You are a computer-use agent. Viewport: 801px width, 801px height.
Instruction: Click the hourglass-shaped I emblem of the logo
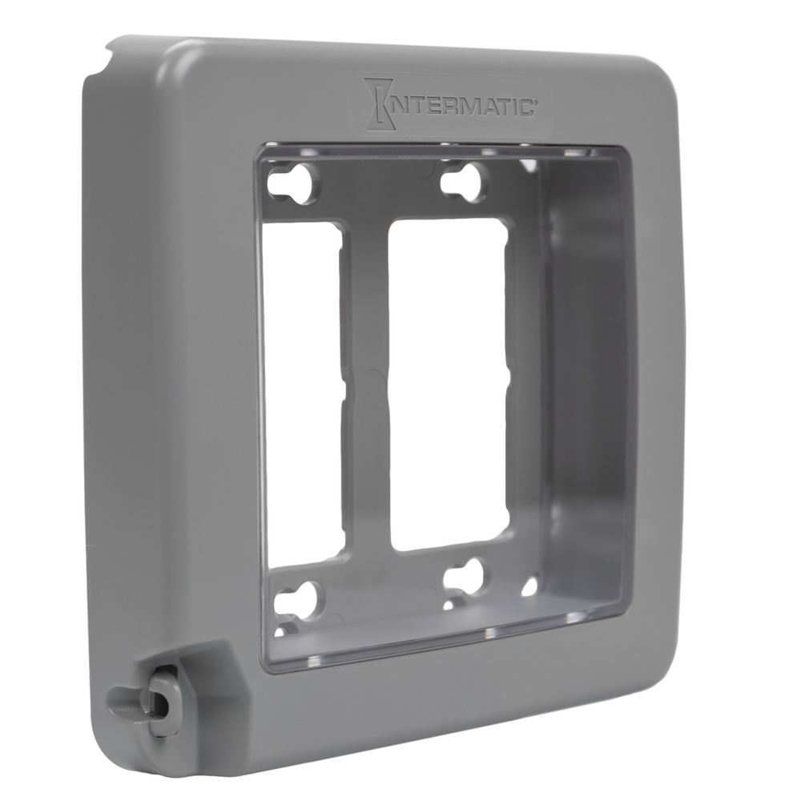[x=379, y=103]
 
